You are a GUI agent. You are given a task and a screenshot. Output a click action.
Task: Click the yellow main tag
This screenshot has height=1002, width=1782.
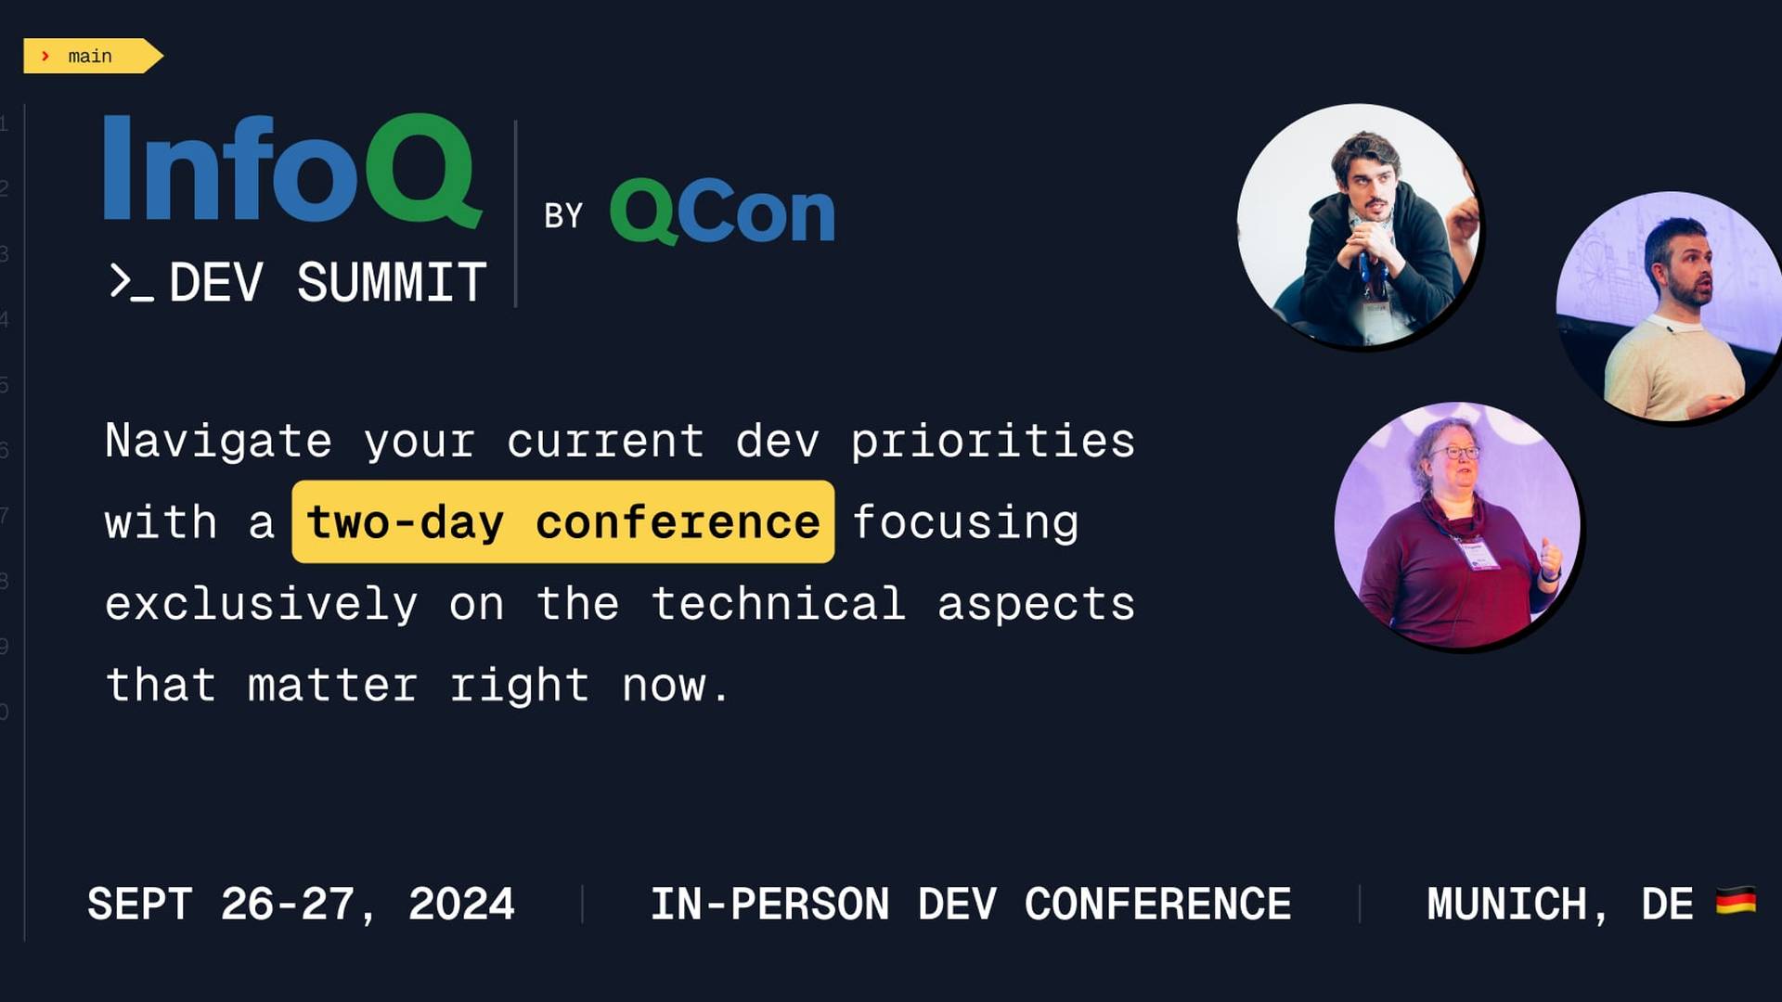pos(93,56)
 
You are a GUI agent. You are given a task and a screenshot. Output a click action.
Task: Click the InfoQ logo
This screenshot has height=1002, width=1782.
pos(292,170)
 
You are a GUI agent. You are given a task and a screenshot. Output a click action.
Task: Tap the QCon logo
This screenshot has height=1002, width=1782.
pos(722,212)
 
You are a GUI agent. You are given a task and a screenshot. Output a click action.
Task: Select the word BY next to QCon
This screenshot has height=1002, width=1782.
pos(563,216)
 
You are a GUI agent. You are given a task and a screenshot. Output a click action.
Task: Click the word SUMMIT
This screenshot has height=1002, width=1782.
pos(392,282)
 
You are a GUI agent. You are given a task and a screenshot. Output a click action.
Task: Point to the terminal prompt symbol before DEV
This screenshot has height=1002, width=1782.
pos(131,282)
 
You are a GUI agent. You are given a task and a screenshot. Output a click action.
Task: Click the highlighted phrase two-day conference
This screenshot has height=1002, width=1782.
pos(563,521)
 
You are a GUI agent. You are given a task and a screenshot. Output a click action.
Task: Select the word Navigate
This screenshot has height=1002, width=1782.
pos(218,441)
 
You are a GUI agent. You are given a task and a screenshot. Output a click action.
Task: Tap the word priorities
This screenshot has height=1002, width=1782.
pos(993,441)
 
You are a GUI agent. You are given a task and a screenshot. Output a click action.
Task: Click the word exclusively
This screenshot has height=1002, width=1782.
pos(261,604)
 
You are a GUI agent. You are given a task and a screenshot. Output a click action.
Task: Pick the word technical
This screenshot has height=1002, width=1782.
pos(779,603)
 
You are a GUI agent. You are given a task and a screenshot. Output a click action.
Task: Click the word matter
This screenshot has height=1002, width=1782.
pos(332,686)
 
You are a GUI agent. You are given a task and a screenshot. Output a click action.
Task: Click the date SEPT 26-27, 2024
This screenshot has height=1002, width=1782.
pos(301,905)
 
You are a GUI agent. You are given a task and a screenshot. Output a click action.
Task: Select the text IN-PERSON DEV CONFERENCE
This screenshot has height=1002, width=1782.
pos(971,905)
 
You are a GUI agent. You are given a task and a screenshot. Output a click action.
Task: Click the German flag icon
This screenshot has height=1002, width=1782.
pos(1736,901)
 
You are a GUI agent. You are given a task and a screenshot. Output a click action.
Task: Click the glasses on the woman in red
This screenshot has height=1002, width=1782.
pos(1454,453)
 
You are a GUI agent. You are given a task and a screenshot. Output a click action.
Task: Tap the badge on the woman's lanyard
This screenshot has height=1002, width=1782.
pos(1478,555)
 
